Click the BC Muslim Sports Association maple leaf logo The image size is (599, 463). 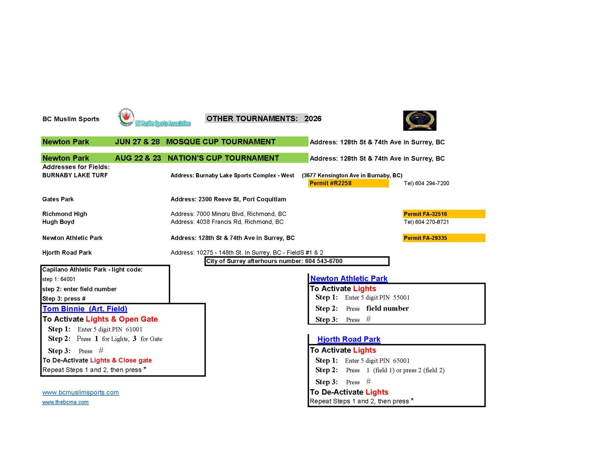pos(126,118)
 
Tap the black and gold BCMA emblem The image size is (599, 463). pos(420,120)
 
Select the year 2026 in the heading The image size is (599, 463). pos(313,119)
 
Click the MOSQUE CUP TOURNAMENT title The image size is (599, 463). pos(221,142)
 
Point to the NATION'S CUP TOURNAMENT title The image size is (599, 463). pos(223,158)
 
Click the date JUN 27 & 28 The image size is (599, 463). pos(137,142)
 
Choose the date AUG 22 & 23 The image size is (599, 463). pos(138,158)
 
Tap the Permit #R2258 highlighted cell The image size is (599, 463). pos(348,183)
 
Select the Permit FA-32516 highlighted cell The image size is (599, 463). pos(444,214)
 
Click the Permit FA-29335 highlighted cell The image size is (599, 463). pos(444,238)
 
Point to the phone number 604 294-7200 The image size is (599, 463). pos(432,183)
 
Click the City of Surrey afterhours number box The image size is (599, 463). pos(297,261)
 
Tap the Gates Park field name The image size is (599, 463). pos(58,199)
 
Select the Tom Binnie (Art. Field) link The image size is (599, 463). pos(85,309)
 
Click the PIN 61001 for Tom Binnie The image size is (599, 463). pos(134,330)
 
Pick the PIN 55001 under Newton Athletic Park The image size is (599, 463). pos(401,297)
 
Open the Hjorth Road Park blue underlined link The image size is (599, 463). pos(349,340)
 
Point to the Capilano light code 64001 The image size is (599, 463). pos(68,279)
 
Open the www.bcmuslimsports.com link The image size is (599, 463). pos(81,393)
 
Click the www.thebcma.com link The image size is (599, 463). pos(66,402)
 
